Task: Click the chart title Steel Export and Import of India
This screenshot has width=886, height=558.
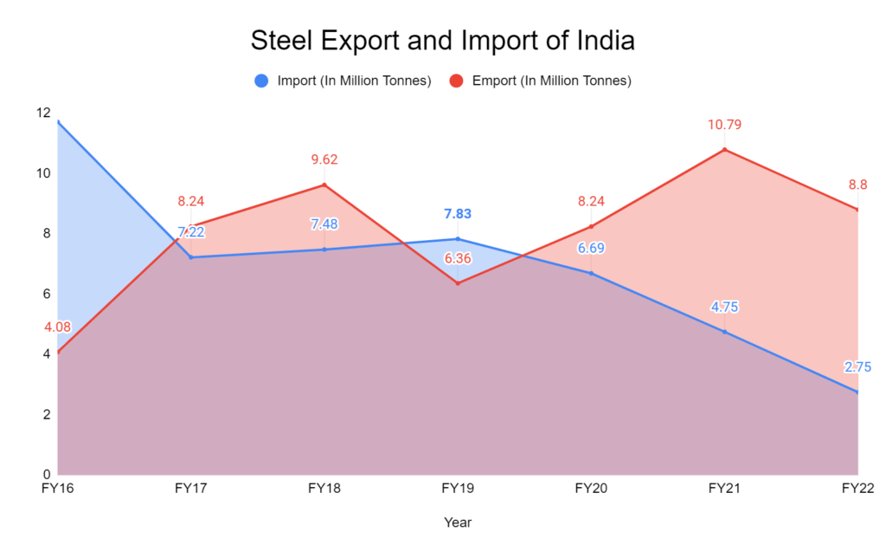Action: tap(442, 41)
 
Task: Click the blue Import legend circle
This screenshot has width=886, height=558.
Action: tap(262, 81)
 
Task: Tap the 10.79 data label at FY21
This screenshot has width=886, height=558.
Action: tap(724, 125)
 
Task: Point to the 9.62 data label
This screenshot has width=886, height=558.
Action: tap(324, 159)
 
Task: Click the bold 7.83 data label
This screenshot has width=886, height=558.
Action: tap(458, 214)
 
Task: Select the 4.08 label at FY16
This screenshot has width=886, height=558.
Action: tap(57, 328)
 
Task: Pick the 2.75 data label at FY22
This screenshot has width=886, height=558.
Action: tap(857, 367)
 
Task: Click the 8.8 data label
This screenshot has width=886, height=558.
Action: tap(857, 185)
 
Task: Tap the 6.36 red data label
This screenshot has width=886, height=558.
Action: tap(458, 258)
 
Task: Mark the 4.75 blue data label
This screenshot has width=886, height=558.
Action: tap(724, 307)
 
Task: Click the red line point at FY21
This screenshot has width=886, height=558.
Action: tap(725, 150)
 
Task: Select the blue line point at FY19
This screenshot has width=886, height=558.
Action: tap(458, 239)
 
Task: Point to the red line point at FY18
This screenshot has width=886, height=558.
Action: tap(324, 185)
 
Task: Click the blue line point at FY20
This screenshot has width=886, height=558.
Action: tap(591, 274)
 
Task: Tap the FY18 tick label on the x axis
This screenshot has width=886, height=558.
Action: tap(324, 489)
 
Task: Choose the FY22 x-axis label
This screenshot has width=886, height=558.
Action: tap(857, 489)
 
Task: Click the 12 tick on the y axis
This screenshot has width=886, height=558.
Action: tap(42, 114)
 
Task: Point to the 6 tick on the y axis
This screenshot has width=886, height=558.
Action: tap(46, 294)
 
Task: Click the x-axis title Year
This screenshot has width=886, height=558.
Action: tap(458, 522)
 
